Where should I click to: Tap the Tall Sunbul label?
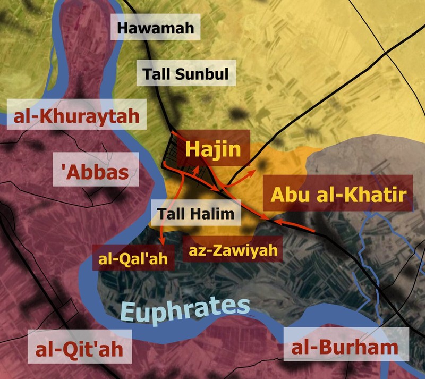186,73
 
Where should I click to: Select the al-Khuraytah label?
77,115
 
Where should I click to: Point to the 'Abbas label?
96,171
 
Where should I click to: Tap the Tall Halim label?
195,215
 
